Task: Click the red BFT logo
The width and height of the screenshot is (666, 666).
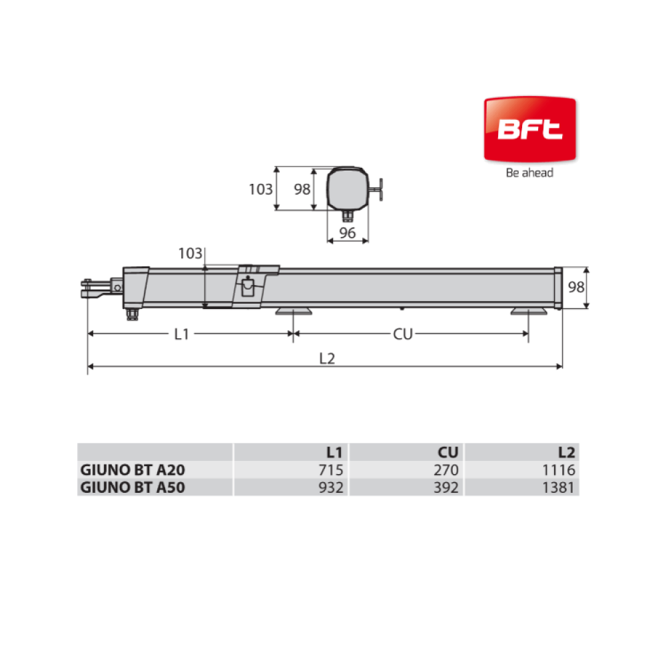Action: click(x=529, y=130)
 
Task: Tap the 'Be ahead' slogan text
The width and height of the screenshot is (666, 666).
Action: click(x=529, y=173)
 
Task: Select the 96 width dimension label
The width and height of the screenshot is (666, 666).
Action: click(x=348, y=232)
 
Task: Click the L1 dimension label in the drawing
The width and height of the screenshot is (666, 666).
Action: click(x=181, y=334)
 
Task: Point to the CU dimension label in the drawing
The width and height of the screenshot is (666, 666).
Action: click(x=403, y=334)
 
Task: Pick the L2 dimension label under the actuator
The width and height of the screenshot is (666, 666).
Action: click(x=327, y=359)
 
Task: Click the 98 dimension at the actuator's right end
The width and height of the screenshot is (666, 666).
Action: click(x=576, y=287)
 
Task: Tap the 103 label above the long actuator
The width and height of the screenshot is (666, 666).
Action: click(x=190, y=254)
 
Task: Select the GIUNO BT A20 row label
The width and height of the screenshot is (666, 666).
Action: click(x=133, y=470)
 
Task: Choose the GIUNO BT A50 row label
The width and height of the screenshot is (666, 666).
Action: click(x=133, y=488)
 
